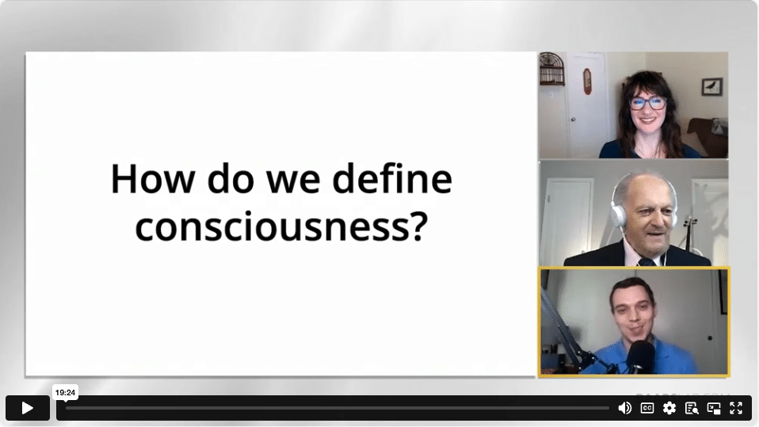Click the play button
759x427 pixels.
(x=28, y=408)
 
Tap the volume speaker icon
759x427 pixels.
(x=624, y=408)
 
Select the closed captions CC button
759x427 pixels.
(x=647, y=408)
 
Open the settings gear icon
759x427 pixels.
(x=669, y=408)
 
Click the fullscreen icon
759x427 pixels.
(x=736, y=408)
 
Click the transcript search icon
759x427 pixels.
(x=692, y=409)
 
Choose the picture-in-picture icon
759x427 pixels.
(x=714, y=409)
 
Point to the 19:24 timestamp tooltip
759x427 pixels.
(x=65, y=393)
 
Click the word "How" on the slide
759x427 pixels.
(x=153, y=180)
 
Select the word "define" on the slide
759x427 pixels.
(x=392, y=179)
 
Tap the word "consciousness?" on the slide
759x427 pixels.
(x=281, y=227)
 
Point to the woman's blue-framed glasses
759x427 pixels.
(x=647, y=103)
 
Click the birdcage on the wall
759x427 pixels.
(x=552, y=68)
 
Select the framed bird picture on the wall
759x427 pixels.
(x=712, y=86)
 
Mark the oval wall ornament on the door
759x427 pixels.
(x=587, y=81)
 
